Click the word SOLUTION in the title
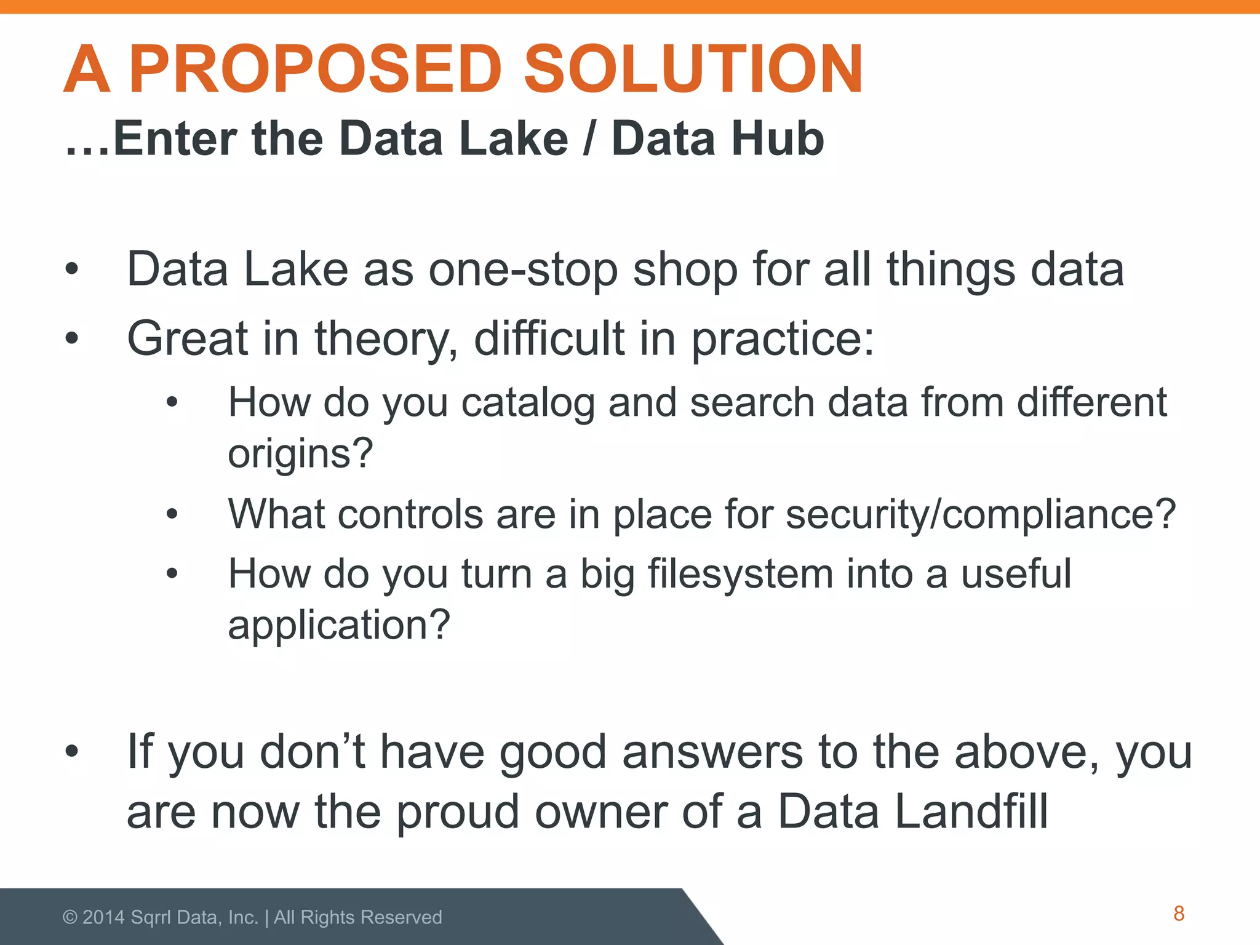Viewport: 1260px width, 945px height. pos(693,69)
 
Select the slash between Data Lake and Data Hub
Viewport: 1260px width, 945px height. pos(589,139)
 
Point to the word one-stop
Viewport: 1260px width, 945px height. pos(523,271)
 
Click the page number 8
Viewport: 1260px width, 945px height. pos(1179,914)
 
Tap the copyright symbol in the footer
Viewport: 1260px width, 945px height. pos(70,917)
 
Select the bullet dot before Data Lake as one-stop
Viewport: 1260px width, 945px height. pos(72,269)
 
